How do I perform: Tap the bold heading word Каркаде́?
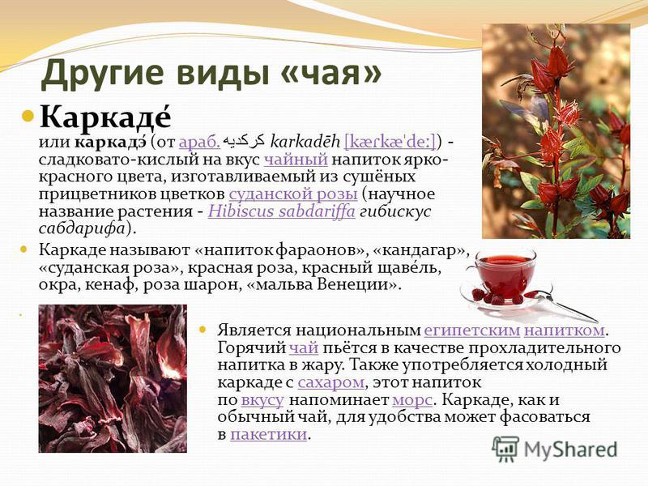pyautogui.click(x=105, y=117)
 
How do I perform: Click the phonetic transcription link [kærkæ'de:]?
pyautogui.click(x=390, y=142)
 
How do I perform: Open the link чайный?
pyautogui.click(x=296, y=160)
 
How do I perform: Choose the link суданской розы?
pyautogui.click(x=293, y=194)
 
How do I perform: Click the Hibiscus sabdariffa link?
pyautogui.click(x=281, y=211)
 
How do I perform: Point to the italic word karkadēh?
pyautogui.click(x=305, y=142)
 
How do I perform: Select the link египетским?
pyautogui.click(x=472, y=330)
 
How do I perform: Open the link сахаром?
pyautogui.click(x=330, y=382)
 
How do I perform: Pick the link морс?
pyautogui.click(x=412, y=400)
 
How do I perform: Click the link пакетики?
pyautogui.click(x=269, y=434)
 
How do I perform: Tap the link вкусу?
pyautogui.click(x=262, y=400)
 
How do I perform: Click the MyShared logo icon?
pyautogui.click(x=505, y=450)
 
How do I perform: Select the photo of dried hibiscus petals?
pyautogui.click(x=113, y=378)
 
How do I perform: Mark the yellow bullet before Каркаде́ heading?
pyautogui.click(x=28, y=114)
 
